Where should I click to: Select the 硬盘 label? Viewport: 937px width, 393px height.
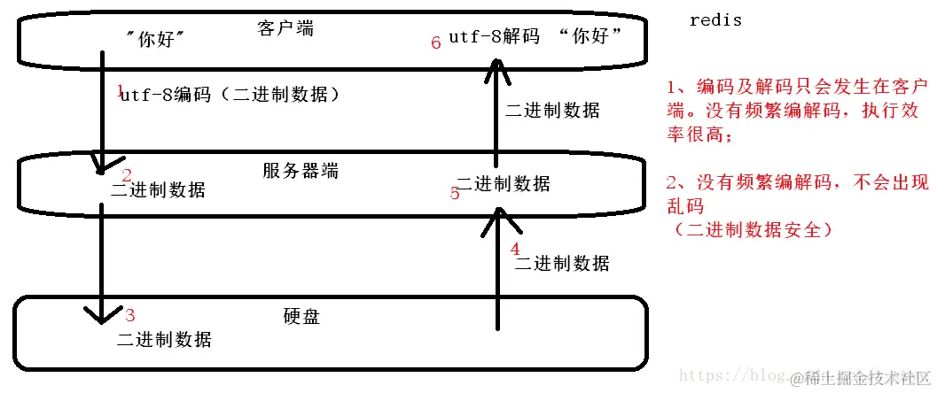(301, 316)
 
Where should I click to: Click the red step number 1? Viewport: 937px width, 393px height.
(121, 90)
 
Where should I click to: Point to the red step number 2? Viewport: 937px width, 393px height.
(127, 175)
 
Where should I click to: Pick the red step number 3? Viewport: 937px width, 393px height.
(130, 314)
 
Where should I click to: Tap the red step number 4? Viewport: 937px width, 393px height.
(516, 250)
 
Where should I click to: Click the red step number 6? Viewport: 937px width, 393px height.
(435, 42)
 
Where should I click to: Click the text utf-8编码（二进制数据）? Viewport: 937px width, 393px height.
(230, 95)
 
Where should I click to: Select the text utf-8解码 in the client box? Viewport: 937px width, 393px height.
(494, 37)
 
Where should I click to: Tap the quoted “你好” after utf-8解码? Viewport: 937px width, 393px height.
(592, 37)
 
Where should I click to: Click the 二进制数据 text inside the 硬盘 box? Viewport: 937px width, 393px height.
(164, 339)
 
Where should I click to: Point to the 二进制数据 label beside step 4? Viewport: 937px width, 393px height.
(562, 263)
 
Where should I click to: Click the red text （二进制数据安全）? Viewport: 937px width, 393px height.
(753, 229)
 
